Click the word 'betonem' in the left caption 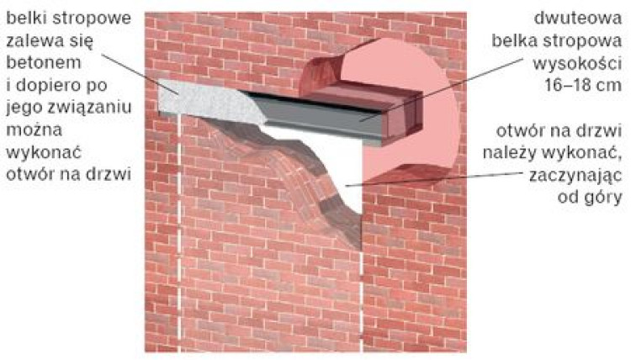coord(44,63)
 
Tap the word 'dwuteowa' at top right coord(578,19)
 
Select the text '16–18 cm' coord(583,85)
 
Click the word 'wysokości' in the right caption coord(577,64)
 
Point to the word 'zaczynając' coord(575,176)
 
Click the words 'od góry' coord(590,198)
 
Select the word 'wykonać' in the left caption coord(44,153)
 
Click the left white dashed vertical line coord(179,233)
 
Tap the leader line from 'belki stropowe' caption coord(139,74)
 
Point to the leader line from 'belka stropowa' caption coord(442,89)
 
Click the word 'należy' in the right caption coord(511,153)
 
